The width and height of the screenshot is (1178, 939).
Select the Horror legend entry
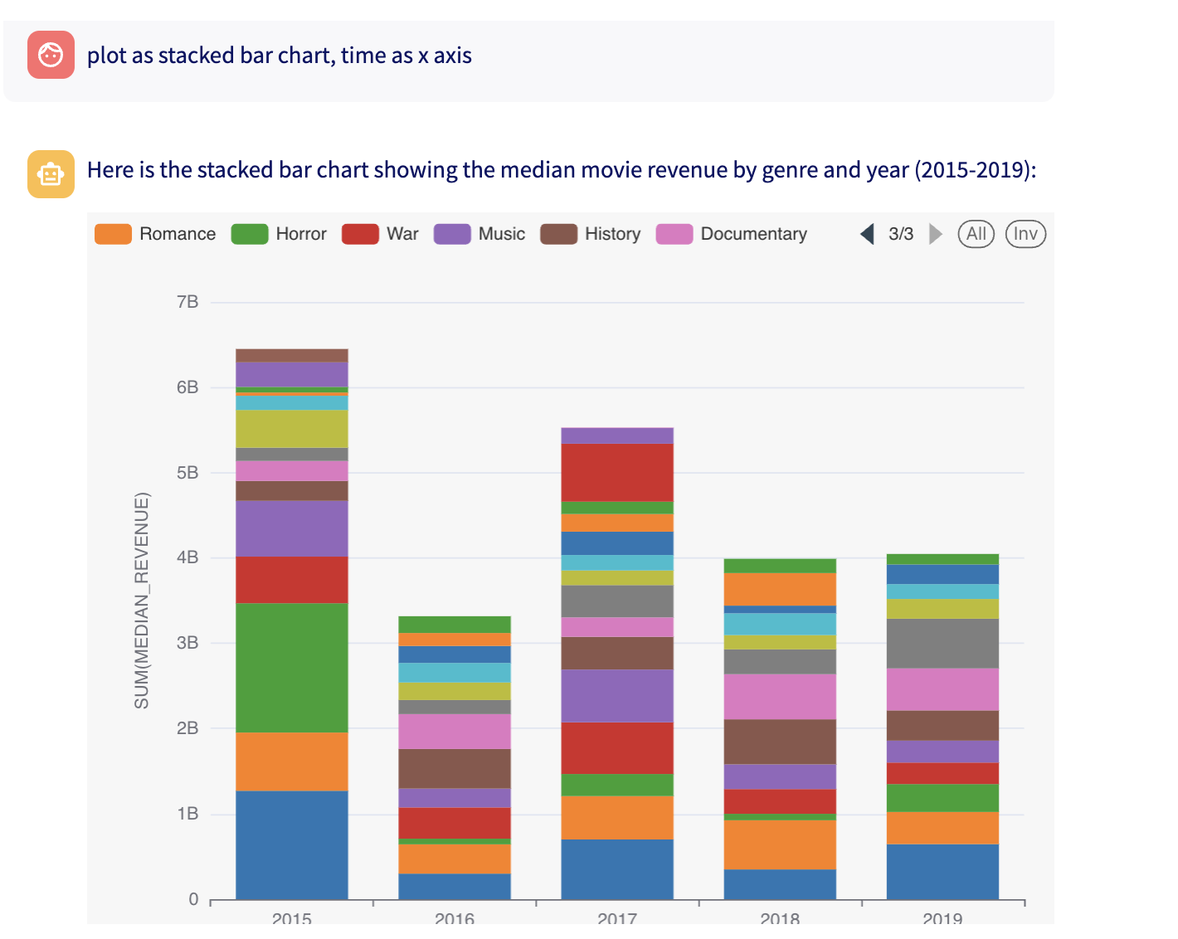tap(279, 234)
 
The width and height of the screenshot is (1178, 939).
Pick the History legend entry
tap(591, 234)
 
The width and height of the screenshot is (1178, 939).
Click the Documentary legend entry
tap(732, 234)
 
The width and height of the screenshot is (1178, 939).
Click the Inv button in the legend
tap(1025, 234)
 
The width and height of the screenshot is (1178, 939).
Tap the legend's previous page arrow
tap(868, 234)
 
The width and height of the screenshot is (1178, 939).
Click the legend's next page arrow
tap(935, 234)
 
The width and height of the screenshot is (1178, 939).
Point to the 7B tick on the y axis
tap(187, 302)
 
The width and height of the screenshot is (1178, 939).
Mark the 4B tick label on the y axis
tap(187, 557)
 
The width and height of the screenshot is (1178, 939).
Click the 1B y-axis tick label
tap(187, 814)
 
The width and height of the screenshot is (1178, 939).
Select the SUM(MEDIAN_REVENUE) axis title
tap(142, 601)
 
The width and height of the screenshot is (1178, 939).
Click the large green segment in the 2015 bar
tap(292, 668)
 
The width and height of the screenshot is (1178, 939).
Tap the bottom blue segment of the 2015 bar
tap(292, 844)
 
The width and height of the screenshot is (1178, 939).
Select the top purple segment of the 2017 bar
tap(617, 435)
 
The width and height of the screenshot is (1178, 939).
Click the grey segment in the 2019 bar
tap(942, 643)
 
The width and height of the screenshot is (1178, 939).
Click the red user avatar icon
tap(51, 55)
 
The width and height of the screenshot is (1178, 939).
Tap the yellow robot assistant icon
tap(51, 174)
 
